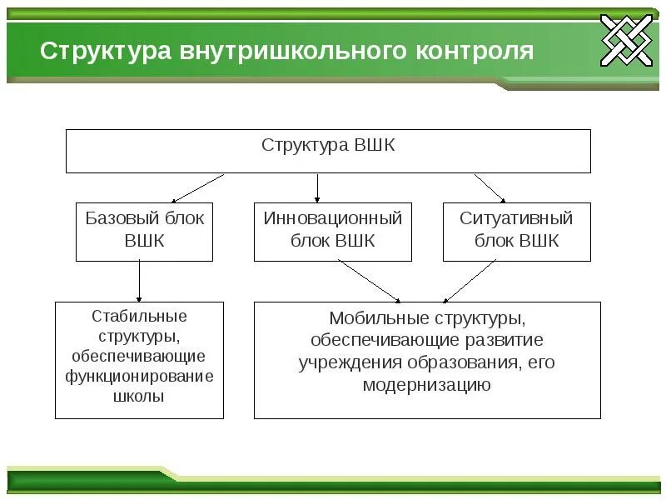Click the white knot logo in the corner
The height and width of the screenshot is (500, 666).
(x=628, y=40)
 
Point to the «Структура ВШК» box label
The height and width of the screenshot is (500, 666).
(x=328, y=145)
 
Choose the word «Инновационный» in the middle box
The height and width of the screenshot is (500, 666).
(x=333, y=218)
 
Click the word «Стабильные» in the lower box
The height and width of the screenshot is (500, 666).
(x=139, y=317)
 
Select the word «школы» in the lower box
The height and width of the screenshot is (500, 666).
(x=139, y=397)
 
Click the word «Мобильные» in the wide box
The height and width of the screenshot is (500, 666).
(x=367, y=318)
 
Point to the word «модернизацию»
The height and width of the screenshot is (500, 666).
(x=427, y=385)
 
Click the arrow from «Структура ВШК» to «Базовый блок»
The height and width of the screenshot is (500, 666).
(x=198, y=187)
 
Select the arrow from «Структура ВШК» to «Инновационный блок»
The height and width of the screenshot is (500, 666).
(x=317, y=187)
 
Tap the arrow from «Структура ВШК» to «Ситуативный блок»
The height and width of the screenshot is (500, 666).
(x=490, y=187)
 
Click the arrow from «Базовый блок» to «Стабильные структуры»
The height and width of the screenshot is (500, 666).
(x=139, y=281)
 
